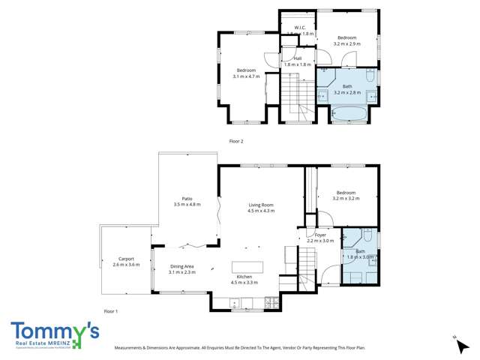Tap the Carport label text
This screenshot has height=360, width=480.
tap(126, 259)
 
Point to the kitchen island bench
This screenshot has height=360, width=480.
tap(247, 268)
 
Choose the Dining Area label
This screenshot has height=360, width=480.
tap(182, 266)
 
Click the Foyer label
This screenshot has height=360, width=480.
tap(320, 235)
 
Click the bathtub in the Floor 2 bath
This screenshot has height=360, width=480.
tap(349, 115)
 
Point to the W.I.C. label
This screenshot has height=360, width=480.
tap(298, 28)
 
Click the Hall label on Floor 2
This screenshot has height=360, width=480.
tap(298, 58)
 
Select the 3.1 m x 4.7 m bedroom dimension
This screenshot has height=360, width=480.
tap(245, 76)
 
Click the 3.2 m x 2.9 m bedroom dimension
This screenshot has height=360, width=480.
tap(346, 44)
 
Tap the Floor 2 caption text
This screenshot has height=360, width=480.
tap(236, 141)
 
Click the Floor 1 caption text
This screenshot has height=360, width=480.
tap(111, 310)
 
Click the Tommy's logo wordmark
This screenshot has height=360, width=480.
tap(55, 331)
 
